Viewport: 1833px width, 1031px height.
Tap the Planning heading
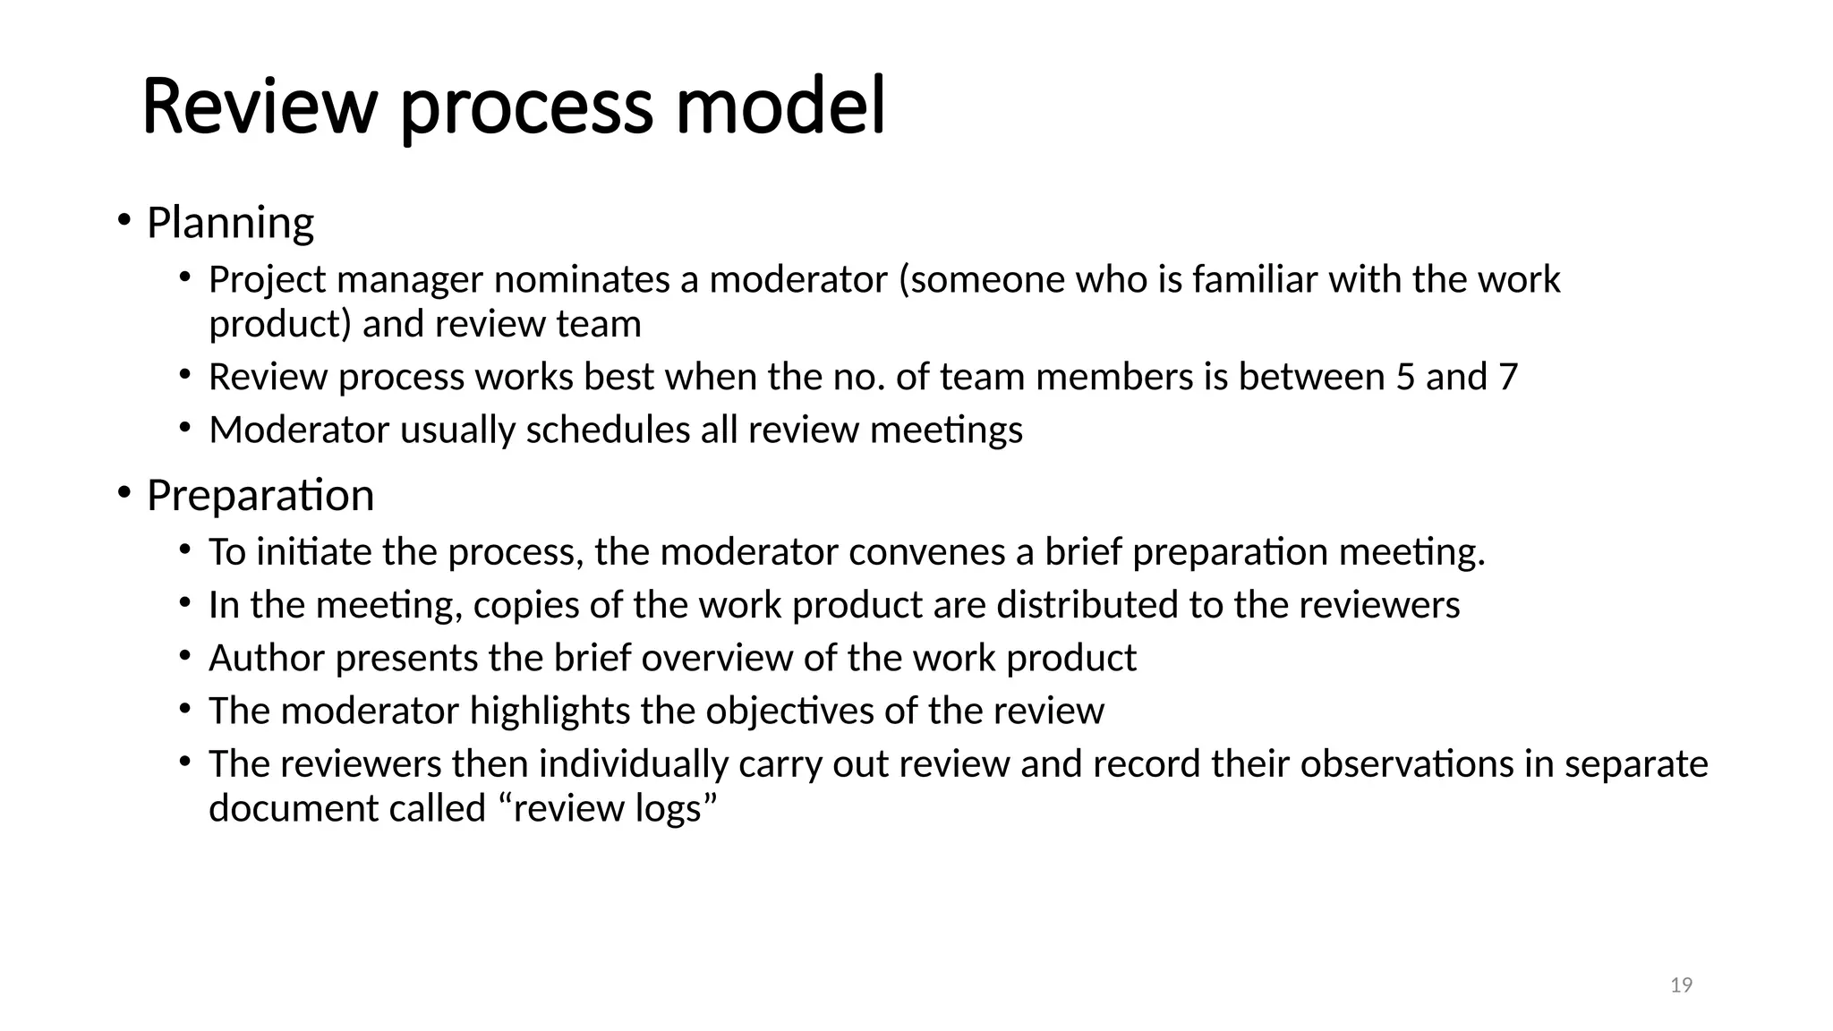pos(230,223)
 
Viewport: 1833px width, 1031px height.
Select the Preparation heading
pos(260,496)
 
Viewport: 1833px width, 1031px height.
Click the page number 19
pos(1681,985)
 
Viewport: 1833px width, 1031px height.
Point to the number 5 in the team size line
pos(1405,378)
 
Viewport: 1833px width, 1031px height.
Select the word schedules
pos(608,430)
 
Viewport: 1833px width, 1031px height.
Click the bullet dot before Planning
pos(124,219)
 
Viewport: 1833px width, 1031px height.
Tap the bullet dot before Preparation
pos(124,492)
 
